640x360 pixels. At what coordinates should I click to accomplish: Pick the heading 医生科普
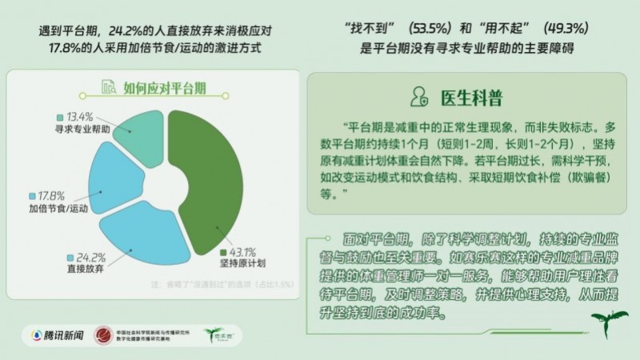[472, 98]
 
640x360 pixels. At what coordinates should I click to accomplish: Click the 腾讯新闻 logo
[57, 335]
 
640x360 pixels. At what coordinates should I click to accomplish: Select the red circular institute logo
[103, 335]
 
